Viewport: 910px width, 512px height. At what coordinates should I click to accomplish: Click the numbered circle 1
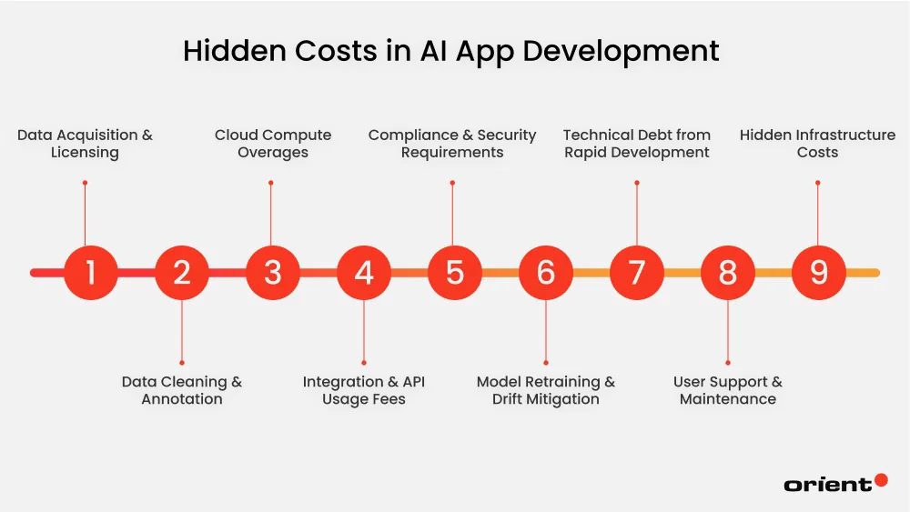[x=91, y=272]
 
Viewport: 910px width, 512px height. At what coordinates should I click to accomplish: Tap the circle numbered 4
[x=364, y=272]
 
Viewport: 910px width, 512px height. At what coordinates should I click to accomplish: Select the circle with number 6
[x=546, y=272]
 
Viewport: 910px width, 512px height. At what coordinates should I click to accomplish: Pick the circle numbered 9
[x=818, y=272]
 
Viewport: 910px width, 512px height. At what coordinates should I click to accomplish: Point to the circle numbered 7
[x=637, y=272]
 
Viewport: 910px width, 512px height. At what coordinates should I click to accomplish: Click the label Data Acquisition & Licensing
[x=85, y=144]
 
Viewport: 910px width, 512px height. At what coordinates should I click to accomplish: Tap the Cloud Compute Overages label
[x=273, y=144]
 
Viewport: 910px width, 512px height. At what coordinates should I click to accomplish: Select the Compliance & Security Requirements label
[x=452, y=144]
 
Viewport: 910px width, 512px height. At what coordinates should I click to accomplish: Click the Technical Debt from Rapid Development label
[x=637, y=144]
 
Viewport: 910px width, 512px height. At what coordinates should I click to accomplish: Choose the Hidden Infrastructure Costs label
[x=817, y=144]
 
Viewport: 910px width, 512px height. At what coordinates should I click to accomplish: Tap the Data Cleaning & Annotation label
[x=182, y=390]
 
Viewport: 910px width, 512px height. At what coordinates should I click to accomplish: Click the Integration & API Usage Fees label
[x=364, y=390]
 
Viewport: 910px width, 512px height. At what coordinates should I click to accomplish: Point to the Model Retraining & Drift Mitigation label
[x=546, y=390]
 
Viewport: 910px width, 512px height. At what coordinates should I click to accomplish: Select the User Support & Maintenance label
[x=728, y=390]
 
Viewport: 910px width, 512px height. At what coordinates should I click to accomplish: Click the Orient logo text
[x=827, y=485]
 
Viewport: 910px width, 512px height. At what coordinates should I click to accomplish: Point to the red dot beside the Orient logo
[x=880, y=480]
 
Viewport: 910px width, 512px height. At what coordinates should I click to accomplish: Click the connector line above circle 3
[x=270, y=214]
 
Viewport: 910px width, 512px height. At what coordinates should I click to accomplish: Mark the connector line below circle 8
[x=728, y=331]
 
